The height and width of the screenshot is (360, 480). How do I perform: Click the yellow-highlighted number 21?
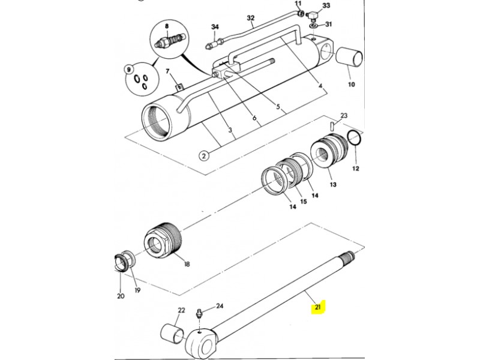318,307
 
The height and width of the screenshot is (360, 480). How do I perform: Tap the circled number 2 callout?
204,155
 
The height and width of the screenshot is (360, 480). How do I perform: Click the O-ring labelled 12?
355,140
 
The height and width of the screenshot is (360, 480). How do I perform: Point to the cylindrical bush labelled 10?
349,57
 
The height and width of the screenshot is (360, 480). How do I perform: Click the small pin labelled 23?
332,125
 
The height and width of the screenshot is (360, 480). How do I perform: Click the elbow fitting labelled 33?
311,14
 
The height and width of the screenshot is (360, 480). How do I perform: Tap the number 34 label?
215,27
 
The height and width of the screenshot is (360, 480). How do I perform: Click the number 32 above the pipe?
251,18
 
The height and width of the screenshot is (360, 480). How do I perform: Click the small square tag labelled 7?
179,88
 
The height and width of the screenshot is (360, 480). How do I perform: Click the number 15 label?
303,202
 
